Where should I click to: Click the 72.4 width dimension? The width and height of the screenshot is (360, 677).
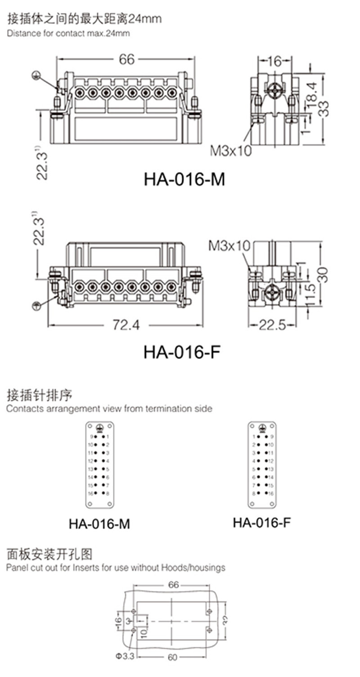coord(126,325)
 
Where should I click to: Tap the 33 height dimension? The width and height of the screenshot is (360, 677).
coord(324,108)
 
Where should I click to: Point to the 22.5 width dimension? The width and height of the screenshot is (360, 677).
coord(273,325)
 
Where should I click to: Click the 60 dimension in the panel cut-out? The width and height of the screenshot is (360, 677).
coord(172,657)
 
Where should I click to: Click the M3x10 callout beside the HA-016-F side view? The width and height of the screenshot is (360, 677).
coord(229,246)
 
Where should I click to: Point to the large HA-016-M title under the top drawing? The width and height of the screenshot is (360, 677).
coord(184,179)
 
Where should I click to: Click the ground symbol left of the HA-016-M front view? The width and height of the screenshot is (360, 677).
coord(36,75)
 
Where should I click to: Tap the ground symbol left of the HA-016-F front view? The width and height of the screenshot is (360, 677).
coord(36,306)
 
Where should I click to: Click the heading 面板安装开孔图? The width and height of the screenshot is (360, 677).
coord(49,554)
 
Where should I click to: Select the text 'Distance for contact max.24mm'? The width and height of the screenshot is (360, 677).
coord(68,33)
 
